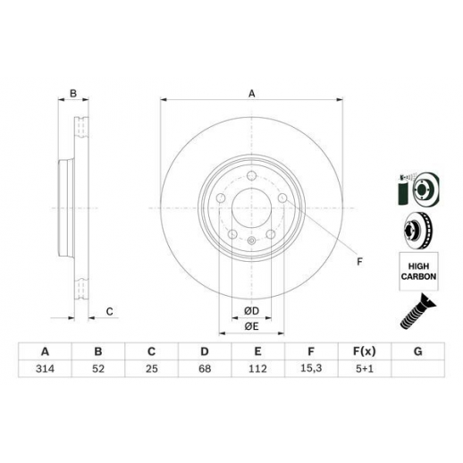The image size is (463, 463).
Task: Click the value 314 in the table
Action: tap(45, 368)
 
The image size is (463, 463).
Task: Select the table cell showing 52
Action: tap(98, 368)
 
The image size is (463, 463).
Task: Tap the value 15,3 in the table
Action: tap(311, 368)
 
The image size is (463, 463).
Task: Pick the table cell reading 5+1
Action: tap(365, 368)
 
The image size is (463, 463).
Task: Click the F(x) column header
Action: tap(365, 351)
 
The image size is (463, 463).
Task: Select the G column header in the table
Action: tap(418, 351)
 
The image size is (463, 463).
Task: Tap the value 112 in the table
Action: tap(257, 368)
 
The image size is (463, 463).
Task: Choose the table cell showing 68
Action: tap(205, 368)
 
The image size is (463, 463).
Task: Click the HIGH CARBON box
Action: tap(418, 271)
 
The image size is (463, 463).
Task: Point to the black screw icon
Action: tap(417, 311)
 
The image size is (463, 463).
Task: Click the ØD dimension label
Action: tap(252, 311)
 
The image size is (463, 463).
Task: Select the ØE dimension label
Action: tap(251, 326)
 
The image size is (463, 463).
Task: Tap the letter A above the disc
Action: tap(252, 94)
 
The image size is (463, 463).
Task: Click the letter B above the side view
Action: tap(73, 93)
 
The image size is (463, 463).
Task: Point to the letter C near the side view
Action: tap(110, 312)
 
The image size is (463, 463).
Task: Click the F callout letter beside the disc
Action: tap(359, 262)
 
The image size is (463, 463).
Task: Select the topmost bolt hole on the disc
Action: tap(252, 176)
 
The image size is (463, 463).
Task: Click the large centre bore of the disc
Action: tap(252, 208)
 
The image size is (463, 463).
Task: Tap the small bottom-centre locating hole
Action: tap(252, 240)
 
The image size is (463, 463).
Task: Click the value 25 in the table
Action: tap(151, 368)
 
